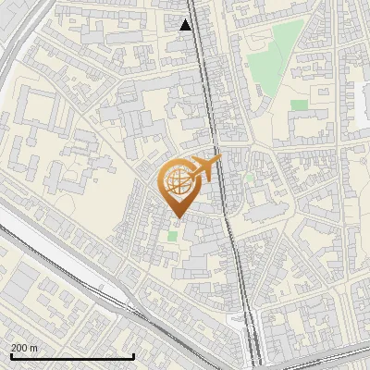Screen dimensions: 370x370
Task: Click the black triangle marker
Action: pyautogui.click(x=186, y=25)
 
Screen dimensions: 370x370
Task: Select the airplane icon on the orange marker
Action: pyautogui.click(x=205, y=169)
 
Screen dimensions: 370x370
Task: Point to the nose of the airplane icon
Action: pyautogui.click(x=219, y=160)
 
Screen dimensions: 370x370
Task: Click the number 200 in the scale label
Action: pyautogui.click(x=19, y=347)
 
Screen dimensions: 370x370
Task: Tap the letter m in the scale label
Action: pyautogui.click(x=34, y=347)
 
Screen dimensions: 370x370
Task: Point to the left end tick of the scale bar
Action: pyautogui.click(x=10, y=355)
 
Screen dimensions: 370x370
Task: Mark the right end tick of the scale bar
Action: pyautogui.click(x=134, y=355)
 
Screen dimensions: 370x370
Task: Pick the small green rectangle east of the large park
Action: pyautogui.click(x=299, y=105)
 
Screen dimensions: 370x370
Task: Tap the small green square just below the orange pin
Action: pyautogui.click(x=172, y=237)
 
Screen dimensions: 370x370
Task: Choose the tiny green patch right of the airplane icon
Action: pyautogui.click(x=247, y=176)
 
